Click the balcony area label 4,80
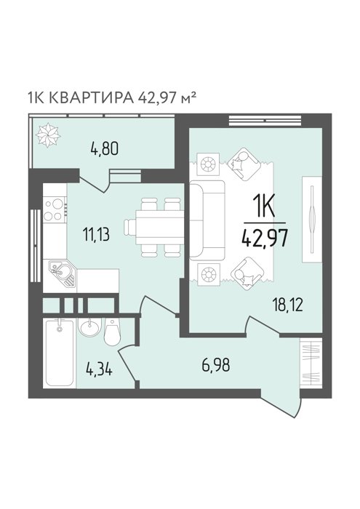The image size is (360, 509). [x=104, y=148]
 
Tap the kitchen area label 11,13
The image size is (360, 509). [x=96, y=234]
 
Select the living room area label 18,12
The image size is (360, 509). [x=287, y=305]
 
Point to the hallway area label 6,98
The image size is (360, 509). [x=215, y=365]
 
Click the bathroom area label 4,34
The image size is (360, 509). [x=99, y=369]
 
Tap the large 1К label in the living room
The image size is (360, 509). [x=264, y=207]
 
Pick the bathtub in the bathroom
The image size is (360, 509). [x=60, y=352]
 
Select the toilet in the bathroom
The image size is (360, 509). [x=112, y=332]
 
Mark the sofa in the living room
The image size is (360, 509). [x=207, y=220]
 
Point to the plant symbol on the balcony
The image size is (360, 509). [x=48, y=135]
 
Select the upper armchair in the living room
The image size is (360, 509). [x=244, y=164]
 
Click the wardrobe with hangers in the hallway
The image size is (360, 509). [x=311, y=362]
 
